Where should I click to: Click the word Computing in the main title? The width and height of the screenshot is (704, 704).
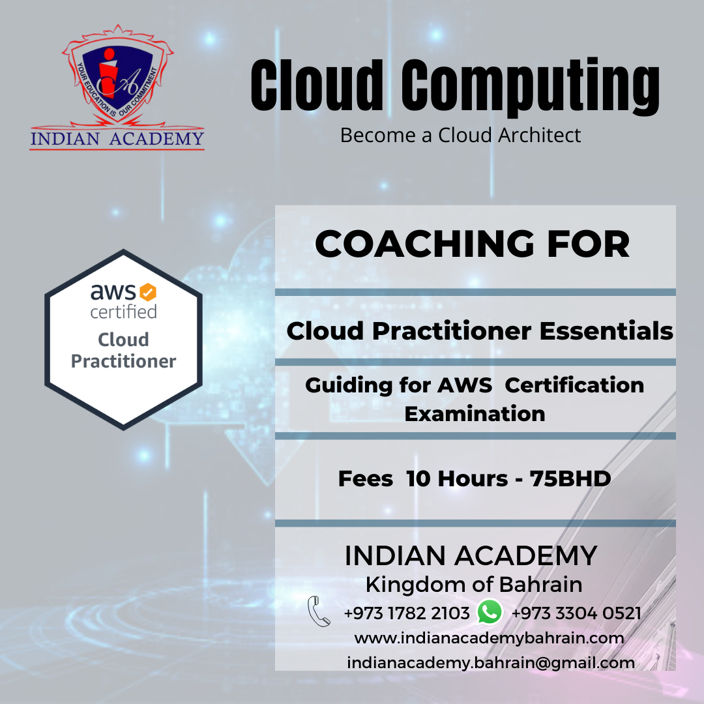pos(530,87)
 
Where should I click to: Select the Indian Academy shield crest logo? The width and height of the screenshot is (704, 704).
pos(117,75)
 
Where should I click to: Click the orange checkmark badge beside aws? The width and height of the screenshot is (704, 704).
pos(148,292)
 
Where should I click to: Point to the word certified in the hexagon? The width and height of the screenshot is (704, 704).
pos(123,312)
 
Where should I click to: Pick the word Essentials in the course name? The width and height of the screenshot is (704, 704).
pos(606,331)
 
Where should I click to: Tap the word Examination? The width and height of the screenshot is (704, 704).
pos(475,413)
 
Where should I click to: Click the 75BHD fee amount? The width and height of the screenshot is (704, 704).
pos(570,478)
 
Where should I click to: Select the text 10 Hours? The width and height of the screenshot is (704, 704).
pos(457,478)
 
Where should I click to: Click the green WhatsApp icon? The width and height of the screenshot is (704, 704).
pos(490,612)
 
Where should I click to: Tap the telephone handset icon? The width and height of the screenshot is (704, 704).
pos(319,611)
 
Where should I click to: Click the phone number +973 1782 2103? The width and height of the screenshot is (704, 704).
pos(407,613)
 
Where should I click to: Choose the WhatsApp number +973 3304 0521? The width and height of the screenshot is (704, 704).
pos(576,613)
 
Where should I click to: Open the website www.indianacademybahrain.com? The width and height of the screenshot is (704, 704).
pos(489,638)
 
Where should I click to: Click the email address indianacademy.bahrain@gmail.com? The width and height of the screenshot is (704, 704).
pos(491,663)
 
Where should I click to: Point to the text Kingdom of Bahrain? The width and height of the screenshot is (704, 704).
pos(474,585)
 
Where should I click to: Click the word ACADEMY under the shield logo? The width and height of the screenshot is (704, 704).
pos(156,139)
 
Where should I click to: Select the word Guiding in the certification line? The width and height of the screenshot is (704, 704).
pos(349,386)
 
